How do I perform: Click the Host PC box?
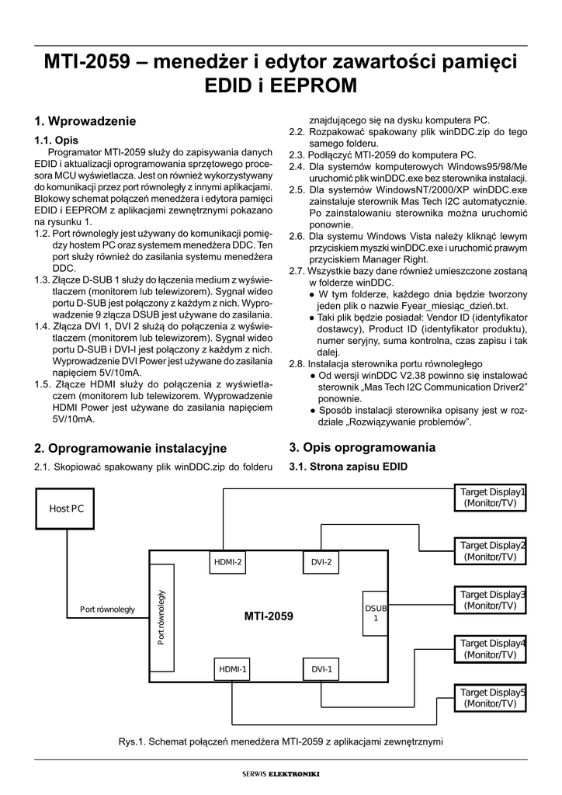pyautogui.click(x=67, y=509)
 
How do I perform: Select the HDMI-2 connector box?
pyautogui.click(x=230, y=562)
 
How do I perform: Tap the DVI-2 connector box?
pyautogui.click(x=321, y=562)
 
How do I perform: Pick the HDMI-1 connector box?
pyautogui.click(x=232, y=668)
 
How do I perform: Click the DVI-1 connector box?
pyautogui.click(x=321, y=668)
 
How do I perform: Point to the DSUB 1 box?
pyautogui.click(x=376, y=613)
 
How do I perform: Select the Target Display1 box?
pyautogui.click(x=490, y=498)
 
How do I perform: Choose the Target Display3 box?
pyautogui.click(x=490, y=599)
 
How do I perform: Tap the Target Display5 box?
pyautogui.click(x=490, y=697)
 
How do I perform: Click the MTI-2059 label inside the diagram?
pyautogui.click(x=269, y=616)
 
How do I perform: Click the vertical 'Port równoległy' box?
pyautogui.click(x=161, y=617)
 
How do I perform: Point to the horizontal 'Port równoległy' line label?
pyautogui.click(x=107, y=609)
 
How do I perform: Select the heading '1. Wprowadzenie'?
pyautogui.click(x=85, y=121)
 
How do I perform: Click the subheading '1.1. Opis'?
pyautogui.click(x=56, y=141)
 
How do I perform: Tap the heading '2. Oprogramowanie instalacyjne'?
pyautogui.click(x=130, y=448)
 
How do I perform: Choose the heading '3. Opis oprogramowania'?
pyautogui.click(x=362, y=447)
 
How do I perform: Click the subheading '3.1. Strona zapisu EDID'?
pyautogui.click(x=348, y=467)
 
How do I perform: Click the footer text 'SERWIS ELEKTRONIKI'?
pyautogui.click(x=281, y=773)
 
